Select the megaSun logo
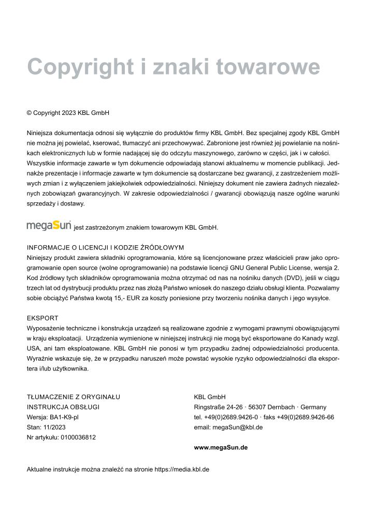[49, 226]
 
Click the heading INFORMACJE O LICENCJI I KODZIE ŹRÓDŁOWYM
[105, 247]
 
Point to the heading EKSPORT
[42, 318]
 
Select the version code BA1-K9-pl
[64, 417]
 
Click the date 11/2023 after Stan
[54, 427]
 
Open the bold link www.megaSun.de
[221, 447]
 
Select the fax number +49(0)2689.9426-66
[305, 417]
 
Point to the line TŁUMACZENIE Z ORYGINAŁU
[74, 397]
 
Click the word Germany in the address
[313, 407]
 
